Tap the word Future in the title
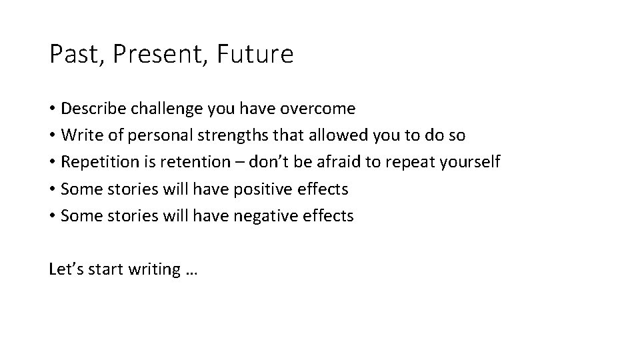(x=255, y=55)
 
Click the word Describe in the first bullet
(x=90, y=108)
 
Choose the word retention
(x=188, y=162)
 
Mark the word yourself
(x=472, y=163)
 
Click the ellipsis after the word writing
(x=192, y=271)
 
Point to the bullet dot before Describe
(x=52, y=109)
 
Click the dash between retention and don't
(x=229, y=163)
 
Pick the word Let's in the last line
(x=63, y=269)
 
